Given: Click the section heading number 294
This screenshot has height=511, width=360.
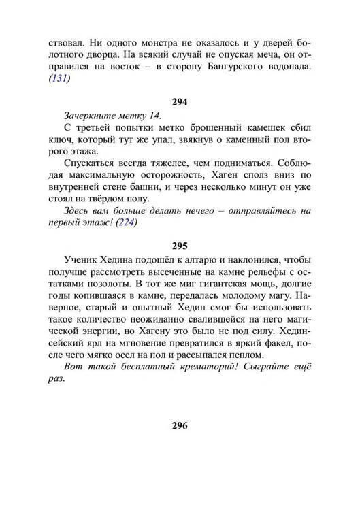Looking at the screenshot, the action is click(180, 102).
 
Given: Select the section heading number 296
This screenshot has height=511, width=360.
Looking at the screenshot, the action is click(180, 426).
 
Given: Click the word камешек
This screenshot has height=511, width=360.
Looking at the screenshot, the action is click(268, 130).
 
